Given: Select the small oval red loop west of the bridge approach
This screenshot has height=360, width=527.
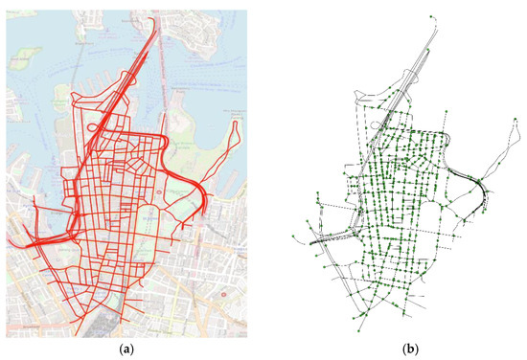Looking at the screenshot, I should click(93, 125).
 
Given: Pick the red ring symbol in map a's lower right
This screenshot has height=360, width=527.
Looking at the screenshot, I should click(223, 294).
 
